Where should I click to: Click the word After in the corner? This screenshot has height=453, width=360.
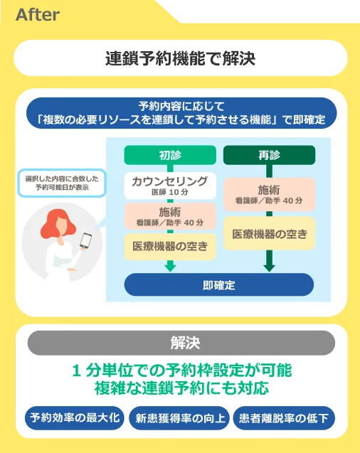click(38, 15)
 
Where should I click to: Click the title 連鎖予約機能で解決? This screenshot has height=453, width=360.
click(180, 58)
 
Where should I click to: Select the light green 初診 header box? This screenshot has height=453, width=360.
click(170, 155)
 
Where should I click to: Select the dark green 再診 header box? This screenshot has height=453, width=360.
click(269, 155)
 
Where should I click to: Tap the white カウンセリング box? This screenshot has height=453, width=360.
click(170, 186)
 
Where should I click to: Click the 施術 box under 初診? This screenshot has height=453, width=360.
click(170, 216)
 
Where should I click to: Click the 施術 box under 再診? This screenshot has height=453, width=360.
click(269, 194)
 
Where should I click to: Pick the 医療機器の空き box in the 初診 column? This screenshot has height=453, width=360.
click(170, 247)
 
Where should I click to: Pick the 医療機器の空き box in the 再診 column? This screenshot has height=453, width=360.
click(269, 233)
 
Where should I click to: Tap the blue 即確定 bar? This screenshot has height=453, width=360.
click(219, 285)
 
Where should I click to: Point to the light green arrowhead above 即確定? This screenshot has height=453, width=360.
click(170, 266)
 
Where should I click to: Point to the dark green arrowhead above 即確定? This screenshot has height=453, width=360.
click(269, 266)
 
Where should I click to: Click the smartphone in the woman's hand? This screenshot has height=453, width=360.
click(85, 240)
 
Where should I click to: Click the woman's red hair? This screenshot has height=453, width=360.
click(57, 223)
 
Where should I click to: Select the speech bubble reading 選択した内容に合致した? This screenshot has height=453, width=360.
click(62, 183)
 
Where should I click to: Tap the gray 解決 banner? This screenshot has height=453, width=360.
click(181, 343)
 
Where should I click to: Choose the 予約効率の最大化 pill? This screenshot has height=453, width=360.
click(75, 417)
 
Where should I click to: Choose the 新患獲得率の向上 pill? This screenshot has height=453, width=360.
click(180, 417)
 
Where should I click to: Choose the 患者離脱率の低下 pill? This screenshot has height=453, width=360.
click(284, 417)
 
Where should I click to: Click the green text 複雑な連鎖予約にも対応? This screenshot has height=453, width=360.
click(181, 388)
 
